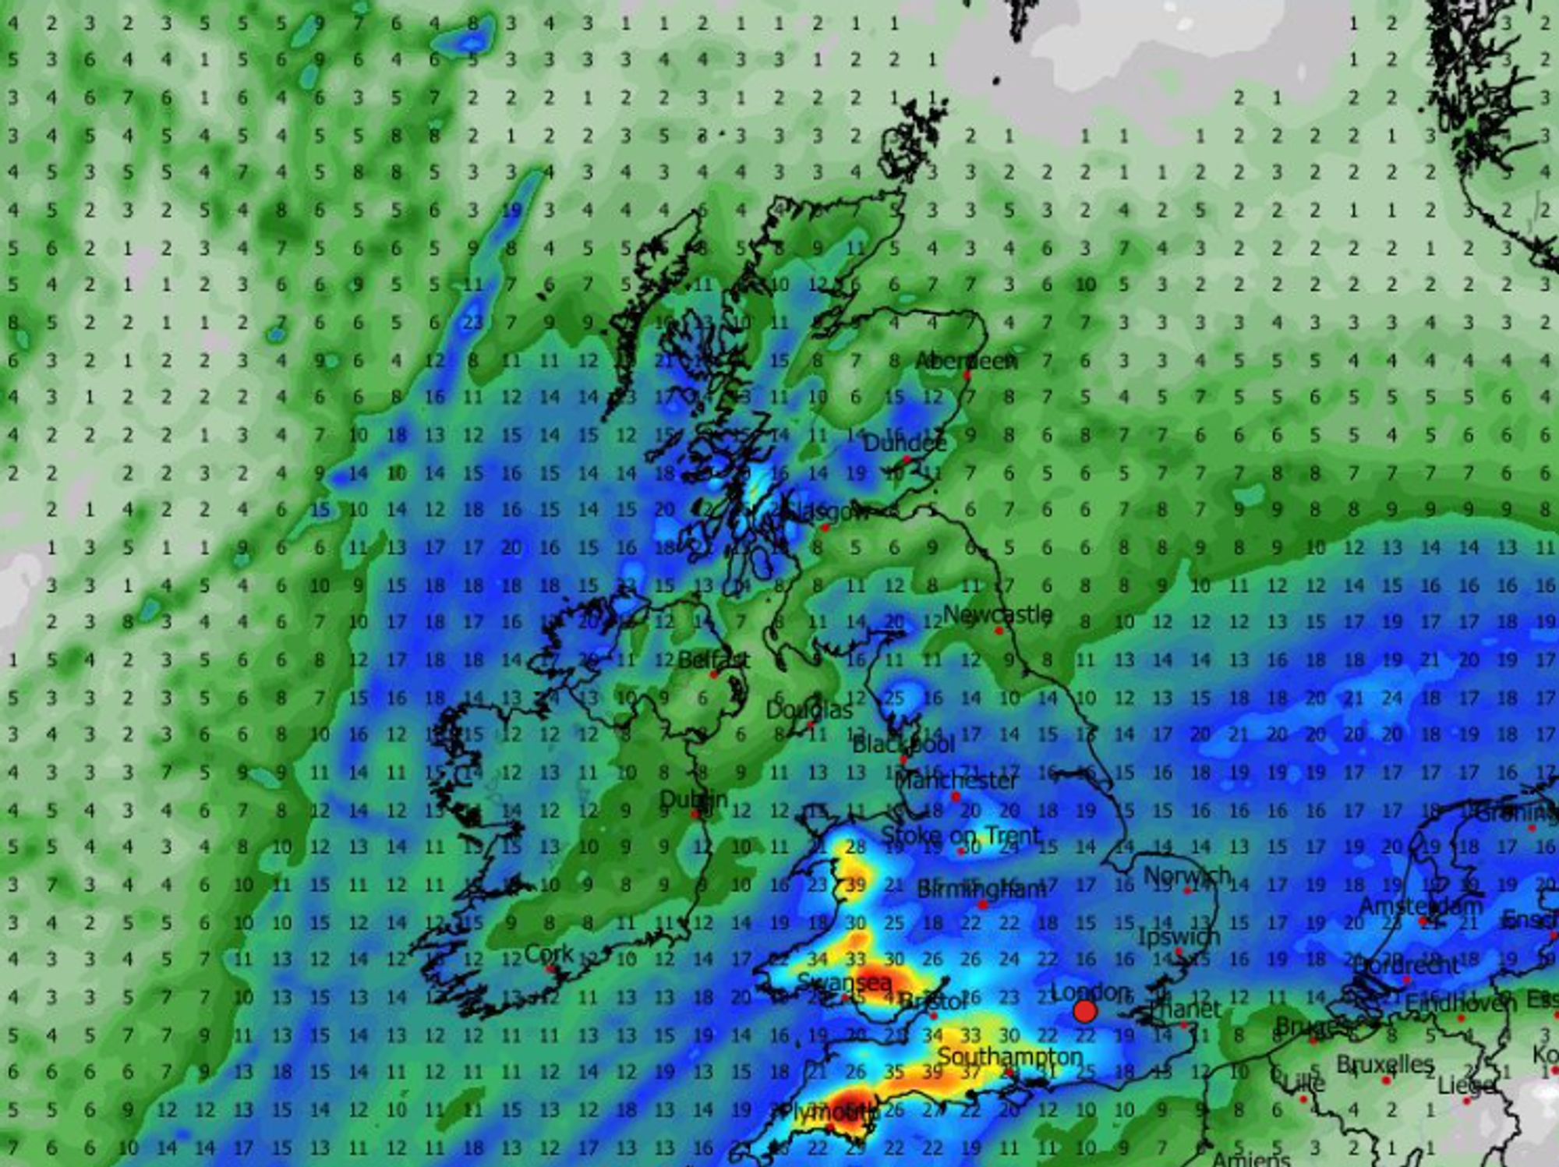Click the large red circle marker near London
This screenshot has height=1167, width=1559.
(1084, 1012)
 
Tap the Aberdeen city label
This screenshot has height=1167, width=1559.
(966, 362)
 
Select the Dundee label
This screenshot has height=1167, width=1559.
(904, 444)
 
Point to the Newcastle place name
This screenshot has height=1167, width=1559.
(997, 615)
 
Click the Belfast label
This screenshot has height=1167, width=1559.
(713, 660)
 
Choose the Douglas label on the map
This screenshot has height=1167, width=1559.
(809, 710)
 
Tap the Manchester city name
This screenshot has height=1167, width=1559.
(956, 780)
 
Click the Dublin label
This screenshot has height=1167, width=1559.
(693, 800)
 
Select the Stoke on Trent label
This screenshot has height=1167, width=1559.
(960, 836)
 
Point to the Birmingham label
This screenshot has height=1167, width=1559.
(981, 889)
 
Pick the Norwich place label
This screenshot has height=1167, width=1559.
(1186, 876)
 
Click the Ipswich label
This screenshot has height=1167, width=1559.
(1179, 936)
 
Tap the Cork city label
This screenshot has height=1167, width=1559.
(549, 953)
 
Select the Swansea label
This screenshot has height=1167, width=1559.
(843, 983)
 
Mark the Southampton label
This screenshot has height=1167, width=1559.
(1009, 1057)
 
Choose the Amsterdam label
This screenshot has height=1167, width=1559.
(1420, 907)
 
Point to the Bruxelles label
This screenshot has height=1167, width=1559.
(1384, 1065)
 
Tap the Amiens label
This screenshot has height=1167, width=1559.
(1250, 1159)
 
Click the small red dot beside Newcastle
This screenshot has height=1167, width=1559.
(999, 631)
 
